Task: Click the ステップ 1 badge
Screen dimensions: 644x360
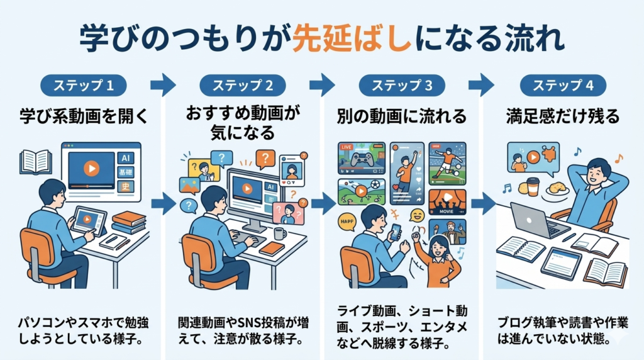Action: tap(84, 86)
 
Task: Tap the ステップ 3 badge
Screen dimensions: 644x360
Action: tap(402, 86)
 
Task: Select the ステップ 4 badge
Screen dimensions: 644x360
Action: tap(563, 86)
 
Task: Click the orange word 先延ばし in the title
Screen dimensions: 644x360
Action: tap(352, 38)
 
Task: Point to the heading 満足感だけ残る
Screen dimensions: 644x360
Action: tap(563, 116)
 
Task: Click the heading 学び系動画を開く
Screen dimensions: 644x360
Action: tap(84, 116)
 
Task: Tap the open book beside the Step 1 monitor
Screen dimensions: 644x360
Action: tap(36, 162)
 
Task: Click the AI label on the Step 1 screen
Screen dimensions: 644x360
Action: tap(125, 158)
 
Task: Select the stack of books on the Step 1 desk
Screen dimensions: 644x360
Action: tap(128, 222)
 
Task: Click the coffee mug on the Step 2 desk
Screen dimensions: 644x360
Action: tap(280, 233)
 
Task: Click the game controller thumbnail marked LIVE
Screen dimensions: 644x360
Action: tap(362, 158)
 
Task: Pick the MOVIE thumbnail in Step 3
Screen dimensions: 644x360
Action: tap(447, 202)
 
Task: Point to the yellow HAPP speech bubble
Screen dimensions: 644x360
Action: tap(347, 222)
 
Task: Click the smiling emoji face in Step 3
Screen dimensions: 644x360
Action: tap(417, 215)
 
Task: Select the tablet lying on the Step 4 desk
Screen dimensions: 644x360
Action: tap(561, 264)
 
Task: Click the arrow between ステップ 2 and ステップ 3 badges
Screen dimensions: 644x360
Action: tap(322, 85)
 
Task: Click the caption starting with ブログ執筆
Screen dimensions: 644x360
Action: tap(563, 330)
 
